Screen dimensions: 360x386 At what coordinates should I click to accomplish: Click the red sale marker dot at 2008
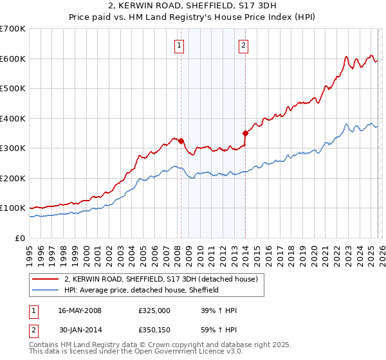pyautogui.click(x=181, y=141)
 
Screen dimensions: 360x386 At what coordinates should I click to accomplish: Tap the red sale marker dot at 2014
pyautogui.click(x=245, y=133)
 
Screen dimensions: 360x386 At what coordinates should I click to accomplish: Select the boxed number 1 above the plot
pyautogui.click(x=178, y=45)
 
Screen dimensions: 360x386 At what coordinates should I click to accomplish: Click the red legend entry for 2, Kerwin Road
pyautogui.click(x=161, y=279)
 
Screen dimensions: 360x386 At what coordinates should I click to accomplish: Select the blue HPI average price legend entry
pyautogui.click(x=142, y=290)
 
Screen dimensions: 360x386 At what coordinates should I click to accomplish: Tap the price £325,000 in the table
pyautogui.click(x=154, y=310)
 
